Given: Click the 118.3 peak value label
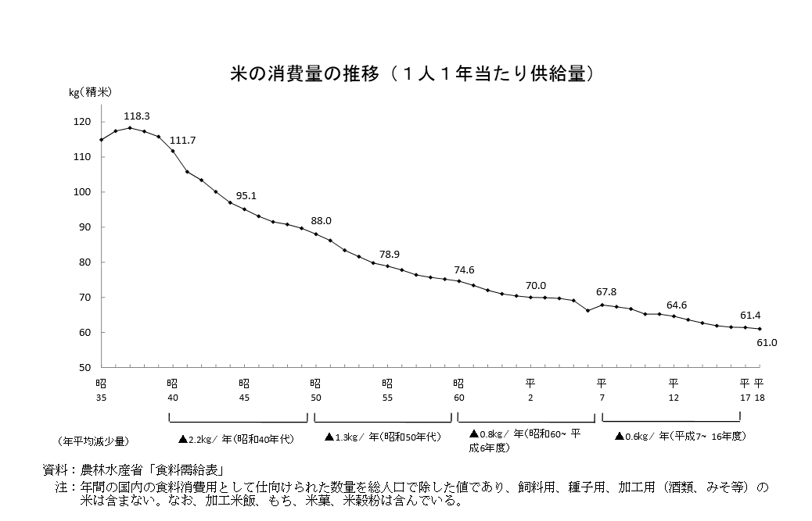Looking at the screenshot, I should click(x=137, y=116).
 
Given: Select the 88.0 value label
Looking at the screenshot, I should click(x=322, y=221).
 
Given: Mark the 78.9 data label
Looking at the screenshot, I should click(x=390, y=255).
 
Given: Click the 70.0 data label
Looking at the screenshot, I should click(x=536, y=285).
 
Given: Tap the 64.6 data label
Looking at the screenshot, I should click(x=677, y=305).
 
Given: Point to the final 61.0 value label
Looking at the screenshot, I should click(x=767, y=342).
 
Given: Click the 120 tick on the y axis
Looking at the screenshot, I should click(x=84, y=122).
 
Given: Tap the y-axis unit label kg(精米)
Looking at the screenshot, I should click(x=90, y=92).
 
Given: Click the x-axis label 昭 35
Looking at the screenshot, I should click(x=101, y=390).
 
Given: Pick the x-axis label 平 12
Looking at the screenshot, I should click(x=673, y=390).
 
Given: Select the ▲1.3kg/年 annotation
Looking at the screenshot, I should click(x=383, y=437).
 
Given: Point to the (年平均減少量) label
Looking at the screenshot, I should click(x=94, y=441).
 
